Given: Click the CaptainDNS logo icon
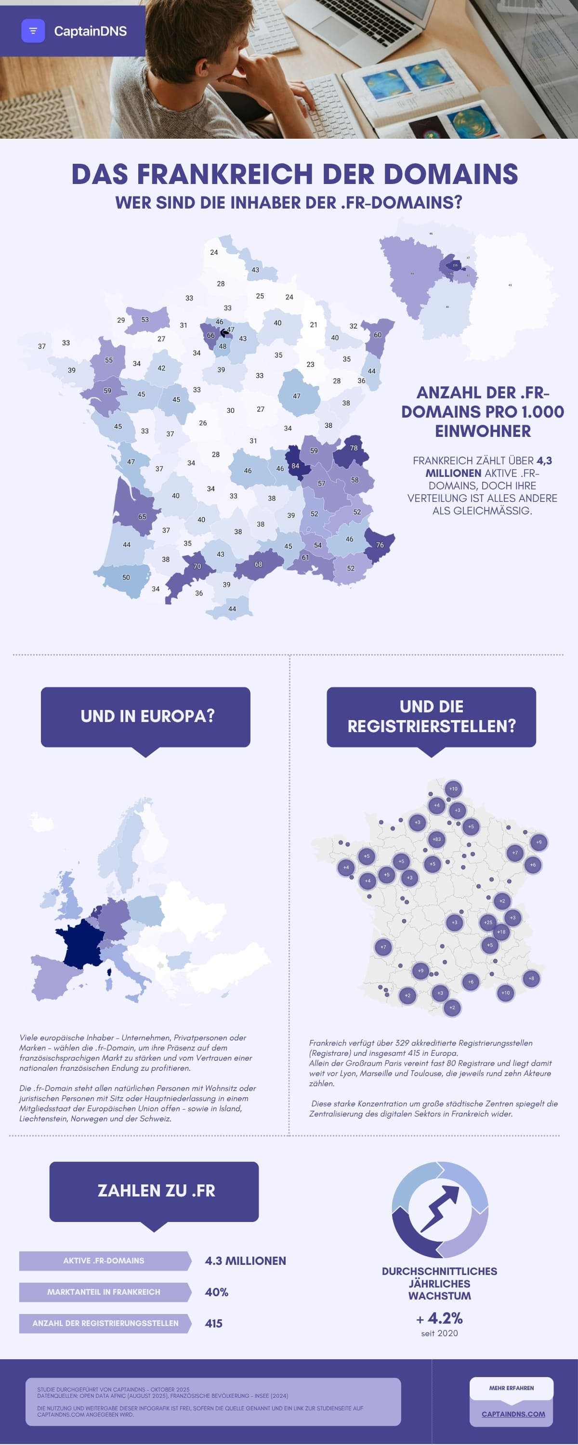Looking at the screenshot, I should [33, 31].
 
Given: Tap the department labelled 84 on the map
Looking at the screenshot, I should [295, 466].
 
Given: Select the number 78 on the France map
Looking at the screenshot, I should [354, 447].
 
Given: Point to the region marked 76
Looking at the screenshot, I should [380, 545].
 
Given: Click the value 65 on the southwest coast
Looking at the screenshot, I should [142, 517].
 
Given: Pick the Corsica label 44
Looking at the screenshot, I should [232, 609].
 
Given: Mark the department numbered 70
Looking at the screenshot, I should [197, 566].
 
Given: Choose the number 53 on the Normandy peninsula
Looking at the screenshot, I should [145, 320].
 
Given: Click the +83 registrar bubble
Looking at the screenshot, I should [436, 839].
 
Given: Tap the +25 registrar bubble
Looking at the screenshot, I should [488, 922].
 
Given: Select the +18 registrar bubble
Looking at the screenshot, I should [501, 932].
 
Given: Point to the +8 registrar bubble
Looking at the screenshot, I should [531, 978].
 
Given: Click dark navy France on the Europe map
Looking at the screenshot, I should [81, 943].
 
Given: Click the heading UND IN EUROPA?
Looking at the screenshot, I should [147, 716].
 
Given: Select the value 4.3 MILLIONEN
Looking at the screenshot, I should [245, 1261].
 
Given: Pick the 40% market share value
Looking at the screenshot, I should [217, 1292].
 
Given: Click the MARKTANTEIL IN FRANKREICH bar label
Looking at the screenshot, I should [104, 1292].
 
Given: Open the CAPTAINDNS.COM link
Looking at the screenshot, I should [513, 1414].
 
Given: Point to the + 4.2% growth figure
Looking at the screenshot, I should [439, 1318].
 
